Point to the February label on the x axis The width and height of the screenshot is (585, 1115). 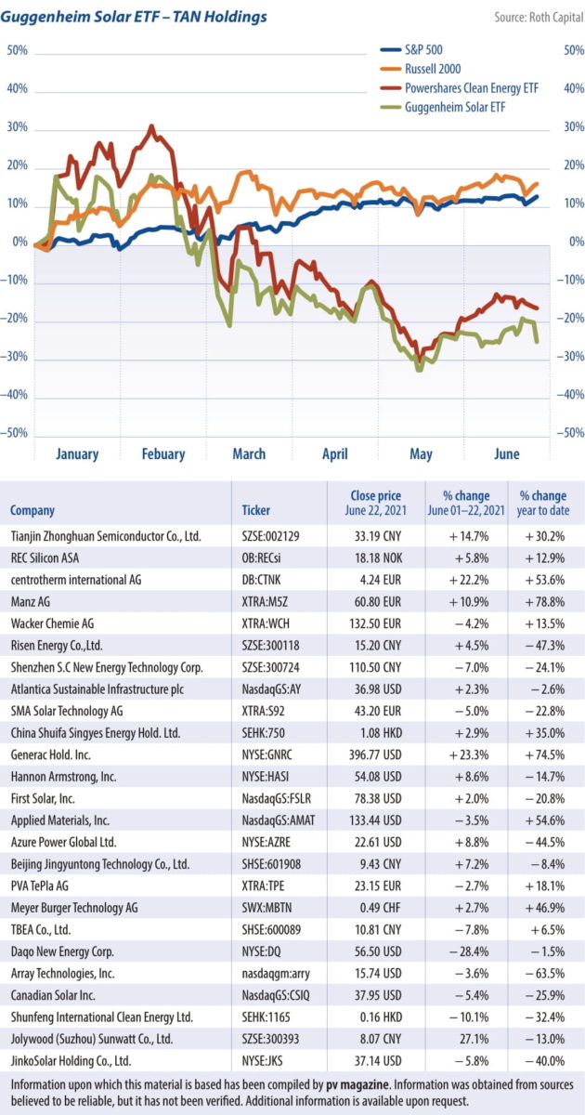tap(162, 454)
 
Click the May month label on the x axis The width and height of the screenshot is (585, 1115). tap(421, 454)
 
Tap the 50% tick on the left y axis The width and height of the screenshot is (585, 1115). tap(18, 50)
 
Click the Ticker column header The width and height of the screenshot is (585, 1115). tap(256, 510)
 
